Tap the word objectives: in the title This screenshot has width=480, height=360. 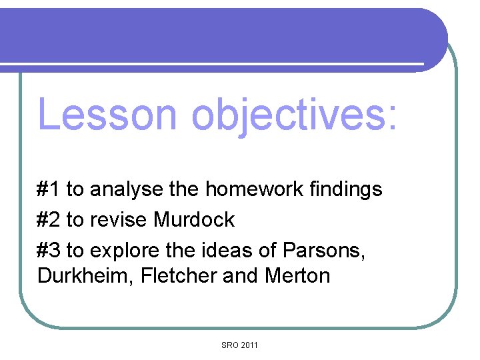[293, 115]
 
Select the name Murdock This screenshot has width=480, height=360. [194, 219]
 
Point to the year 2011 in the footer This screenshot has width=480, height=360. [249, 345]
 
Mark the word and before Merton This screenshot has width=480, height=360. [239, 275]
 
